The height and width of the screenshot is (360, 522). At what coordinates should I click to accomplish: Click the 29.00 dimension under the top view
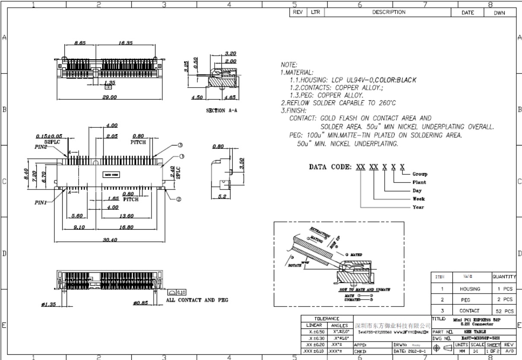click(x=109, y=98)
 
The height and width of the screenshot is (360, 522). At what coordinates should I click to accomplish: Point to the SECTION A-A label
click(x=222, y=111)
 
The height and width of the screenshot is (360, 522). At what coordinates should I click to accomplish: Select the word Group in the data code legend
click(x=420, y=174)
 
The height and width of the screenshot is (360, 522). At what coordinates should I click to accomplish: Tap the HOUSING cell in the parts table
click(x=468, y=288)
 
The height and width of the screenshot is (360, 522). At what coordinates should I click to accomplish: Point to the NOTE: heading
click(x=289, y=65)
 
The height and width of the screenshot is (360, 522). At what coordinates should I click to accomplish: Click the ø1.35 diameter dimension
click(x=50, y=305)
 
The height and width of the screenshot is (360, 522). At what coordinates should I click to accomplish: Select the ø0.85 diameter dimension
click(x=142, y=303)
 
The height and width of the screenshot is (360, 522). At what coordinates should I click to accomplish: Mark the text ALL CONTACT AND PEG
click(x=197, y=300)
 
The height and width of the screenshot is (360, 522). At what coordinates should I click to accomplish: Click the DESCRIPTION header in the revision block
click(x=389, y=13)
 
